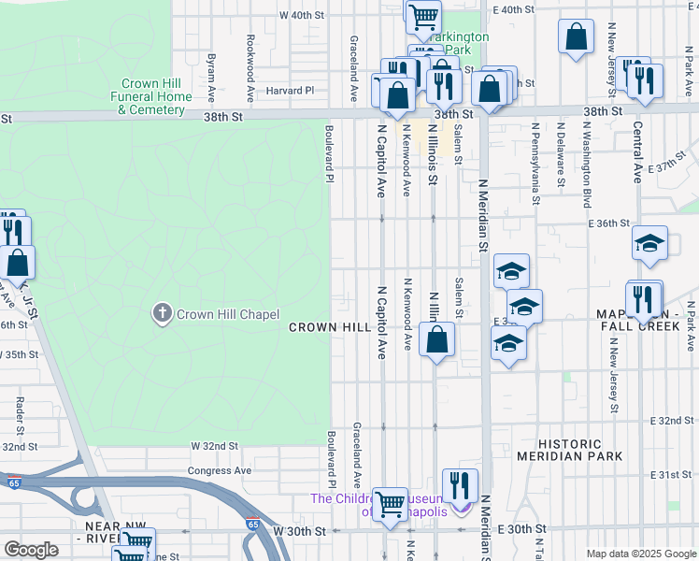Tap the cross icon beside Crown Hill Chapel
coord(163,314)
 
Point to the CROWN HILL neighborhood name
coord(330,327)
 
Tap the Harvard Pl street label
coord(290,91)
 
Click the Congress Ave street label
coord(220,470)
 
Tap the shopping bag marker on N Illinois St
coord(436,338)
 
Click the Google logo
coord(31,549)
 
